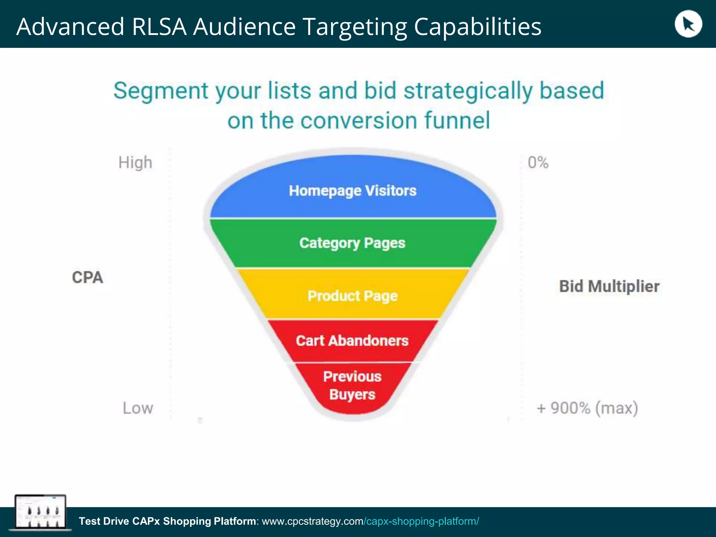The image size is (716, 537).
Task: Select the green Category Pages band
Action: point(352,243)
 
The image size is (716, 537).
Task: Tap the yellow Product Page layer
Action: point(352,296)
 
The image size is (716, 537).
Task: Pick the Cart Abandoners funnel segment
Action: point(352,341)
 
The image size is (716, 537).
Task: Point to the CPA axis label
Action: point(87,278)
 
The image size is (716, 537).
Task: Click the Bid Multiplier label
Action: point(609,286)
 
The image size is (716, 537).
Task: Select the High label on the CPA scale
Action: point(135,163)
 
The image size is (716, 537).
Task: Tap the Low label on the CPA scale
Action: point(138,408)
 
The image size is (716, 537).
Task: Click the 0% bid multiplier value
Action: point(538,163)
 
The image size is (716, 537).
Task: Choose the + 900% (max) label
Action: point(587,408)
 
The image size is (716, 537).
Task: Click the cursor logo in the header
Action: point(688,24)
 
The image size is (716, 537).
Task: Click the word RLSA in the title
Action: point(159,27)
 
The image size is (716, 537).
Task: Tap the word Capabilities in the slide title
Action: point(478,27)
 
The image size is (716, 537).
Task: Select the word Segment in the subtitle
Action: point(161,91)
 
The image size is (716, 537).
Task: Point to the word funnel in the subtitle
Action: point(457,120)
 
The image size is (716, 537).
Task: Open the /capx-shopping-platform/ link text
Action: point(421,521)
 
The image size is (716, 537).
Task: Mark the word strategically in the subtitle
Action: point(468,91)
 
